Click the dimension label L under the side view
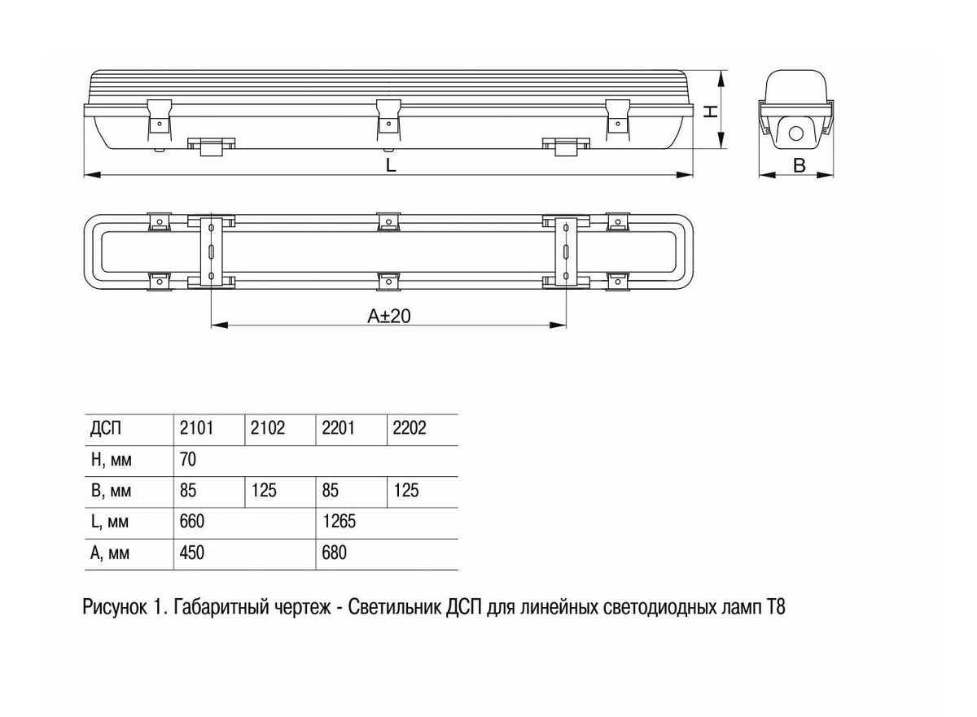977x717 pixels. point(391,165)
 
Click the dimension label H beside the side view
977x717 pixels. point(712,111)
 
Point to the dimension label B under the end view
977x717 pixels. point(800,165)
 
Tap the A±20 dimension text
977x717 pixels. point(388,316)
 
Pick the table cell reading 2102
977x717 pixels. point(267,429)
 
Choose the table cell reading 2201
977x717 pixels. point(338,429)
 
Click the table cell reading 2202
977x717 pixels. point(409,429)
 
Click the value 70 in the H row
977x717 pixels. point(187,460)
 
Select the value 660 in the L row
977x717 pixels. point(191,522)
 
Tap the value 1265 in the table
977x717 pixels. point(340,522)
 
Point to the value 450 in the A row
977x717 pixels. point(191,553)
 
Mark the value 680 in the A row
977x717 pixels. point(334,553)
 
